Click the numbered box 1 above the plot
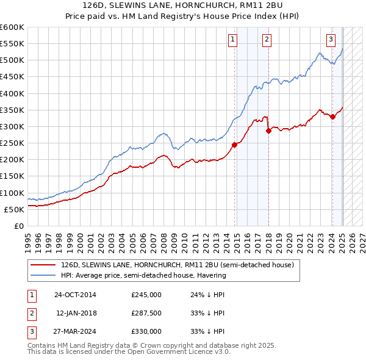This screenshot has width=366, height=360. [233, 40]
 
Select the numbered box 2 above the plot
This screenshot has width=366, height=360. [267, 40]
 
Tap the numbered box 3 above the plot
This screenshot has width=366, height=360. [331, 40]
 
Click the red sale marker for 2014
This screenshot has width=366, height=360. [234, 145]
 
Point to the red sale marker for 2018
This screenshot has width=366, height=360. [268, 130]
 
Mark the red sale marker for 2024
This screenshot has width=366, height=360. [332, 117]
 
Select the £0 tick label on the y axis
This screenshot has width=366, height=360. [18, 226]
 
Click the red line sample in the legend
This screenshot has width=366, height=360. [43, 265]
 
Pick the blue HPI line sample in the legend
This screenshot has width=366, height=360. [43, 275]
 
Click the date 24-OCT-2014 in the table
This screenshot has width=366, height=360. [75, 295]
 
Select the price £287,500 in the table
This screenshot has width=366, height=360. [146, 313]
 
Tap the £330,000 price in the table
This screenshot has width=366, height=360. [146, 331]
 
